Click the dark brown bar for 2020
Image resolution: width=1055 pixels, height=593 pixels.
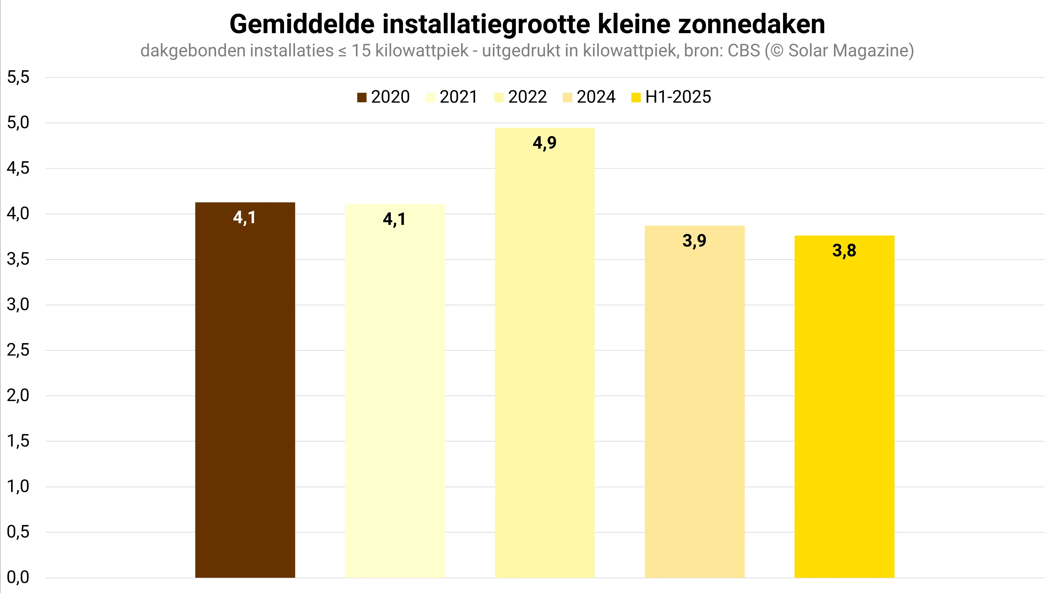[245, 389]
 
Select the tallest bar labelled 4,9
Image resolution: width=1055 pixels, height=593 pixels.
[545, 353]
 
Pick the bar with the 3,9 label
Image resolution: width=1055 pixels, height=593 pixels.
[695, 402]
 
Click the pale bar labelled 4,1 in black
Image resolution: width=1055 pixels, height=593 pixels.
[395, 389]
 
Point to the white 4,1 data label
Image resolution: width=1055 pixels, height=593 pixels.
[244, 217]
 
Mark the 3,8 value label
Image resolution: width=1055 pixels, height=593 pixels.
[844, 250]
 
